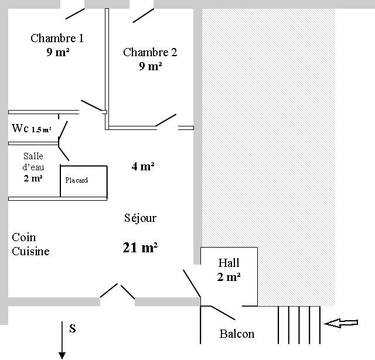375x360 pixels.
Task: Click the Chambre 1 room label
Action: (57, 38)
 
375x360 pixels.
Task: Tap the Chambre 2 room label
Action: (150, 52)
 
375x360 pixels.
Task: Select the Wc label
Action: (20, 128)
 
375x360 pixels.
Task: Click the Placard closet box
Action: (83, 181)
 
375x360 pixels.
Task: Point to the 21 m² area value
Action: (140, 248)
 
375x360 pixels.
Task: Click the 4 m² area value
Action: (143, 166)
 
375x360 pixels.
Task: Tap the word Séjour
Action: (140, 218)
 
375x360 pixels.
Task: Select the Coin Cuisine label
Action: (30, 244)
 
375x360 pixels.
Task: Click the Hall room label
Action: (229, 263)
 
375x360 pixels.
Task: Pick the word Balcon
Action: (237, 334)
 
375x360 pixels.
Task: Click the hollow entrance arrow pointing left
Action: (341, 323)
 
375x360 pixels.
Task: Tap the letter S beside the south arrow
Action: (73, 328)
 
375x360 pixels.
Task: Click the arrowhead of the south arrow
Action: (62, 356)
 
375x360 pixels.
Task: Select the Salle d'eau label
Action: (33, 162)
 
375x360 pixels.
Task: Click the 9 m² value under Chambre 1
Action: (58, 52)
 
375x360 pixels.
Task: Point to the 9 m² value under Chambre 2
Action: (151, 66)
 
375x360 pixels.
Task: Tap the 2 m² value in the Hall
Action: (229, 277)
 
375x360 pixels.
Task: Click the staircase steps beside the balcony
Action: (299, 325)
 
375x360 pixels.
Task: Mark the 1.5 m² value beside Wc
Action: (42, 130)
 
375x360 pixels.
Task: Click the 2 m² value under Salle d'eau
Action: (33, 178)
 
